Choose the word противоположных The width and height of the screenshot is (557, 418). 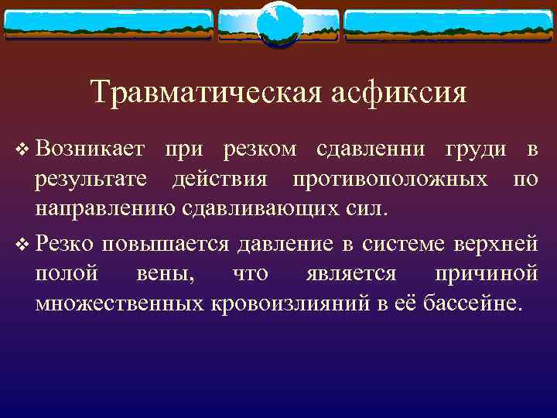click(x=390, y=180)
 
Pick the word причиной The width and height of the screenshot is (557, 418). click(x=486, y=274)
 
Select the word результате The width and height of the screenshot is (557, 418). click(x=93, y=180)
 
